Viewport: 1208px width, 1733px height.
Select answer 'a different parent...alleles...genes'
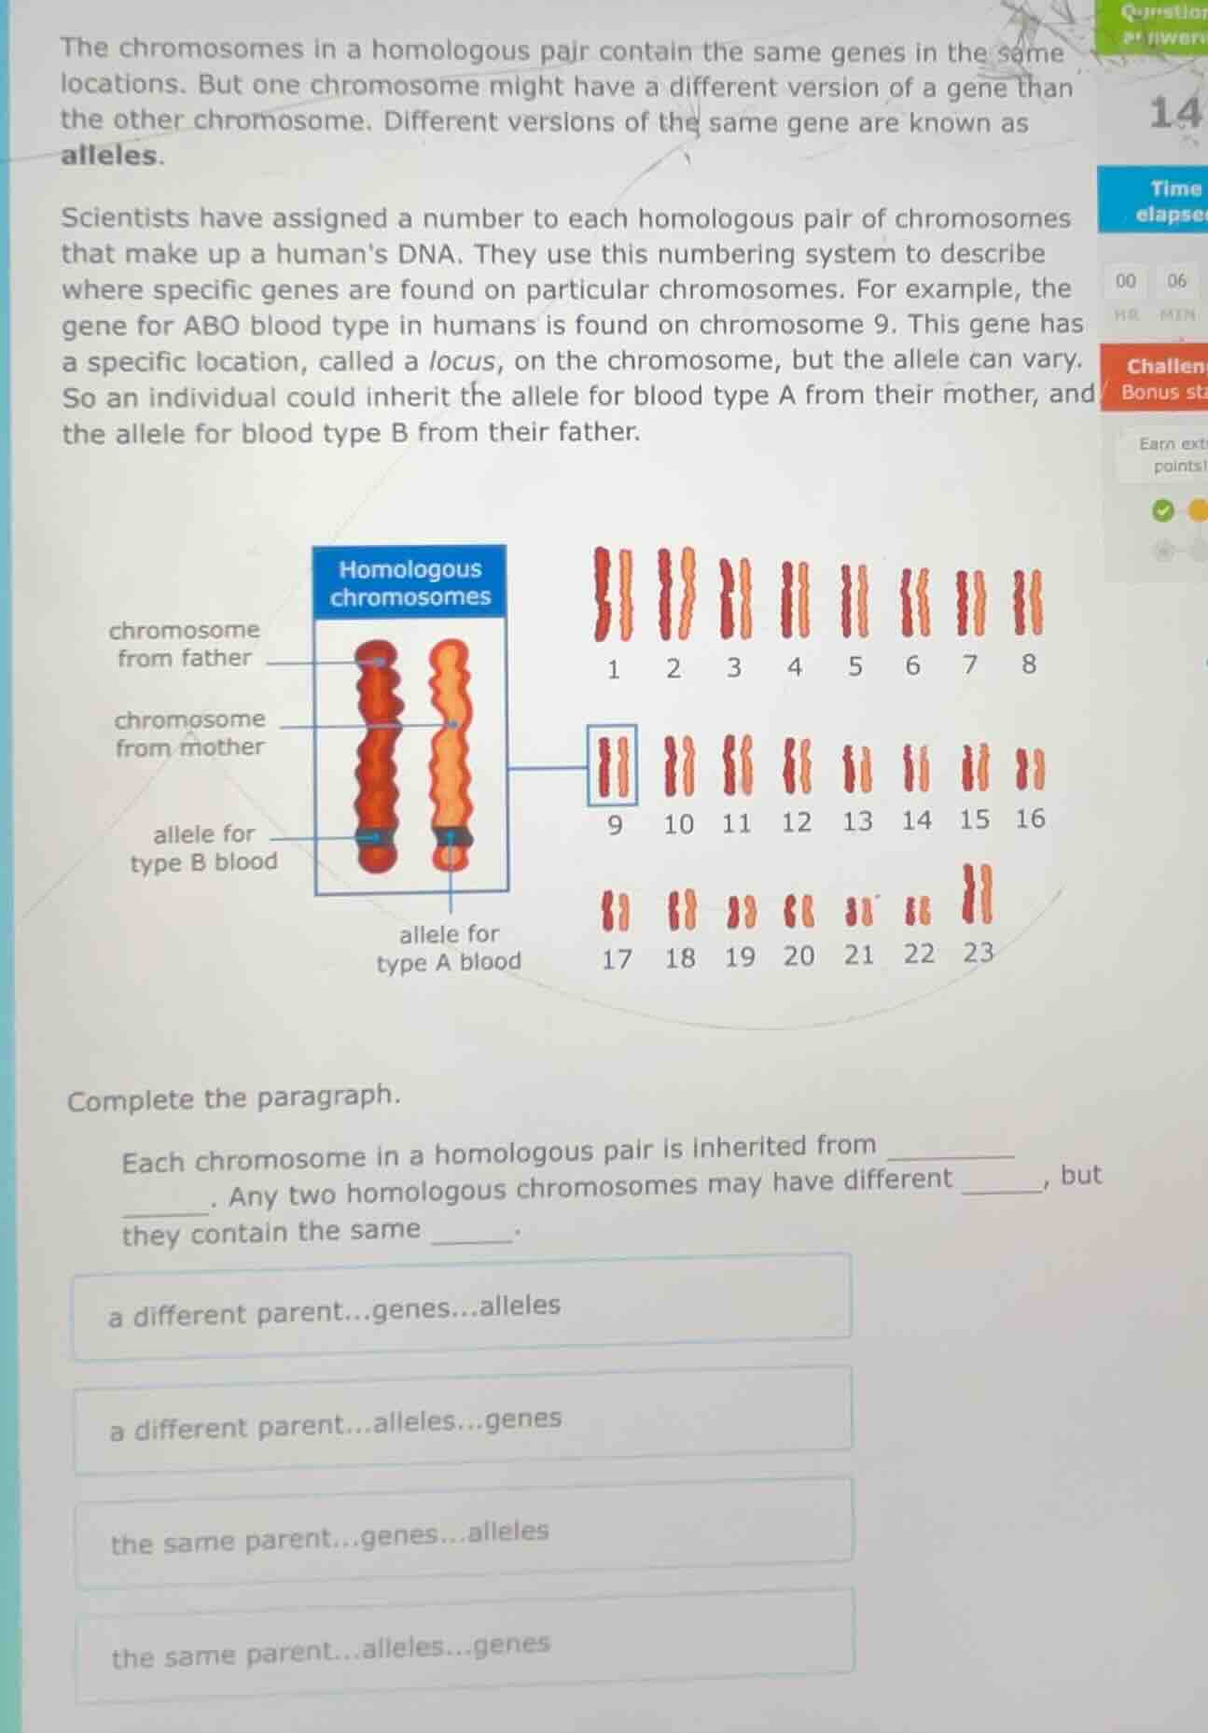pyautogui.click(x=462, y=1420)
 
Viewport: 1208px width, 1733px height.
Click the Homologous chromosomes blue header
pyautogui.click(x=410, y=583)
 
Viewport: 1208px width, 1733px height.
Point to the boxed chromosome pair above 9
pyautogui.click(x=613, y=765)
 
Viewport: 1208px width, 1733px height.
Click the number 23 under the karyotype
pyautogui.click(x=978, y=953)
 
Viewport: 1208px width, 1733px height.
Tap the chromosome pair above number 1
pyautogui.click(x=614, y=594)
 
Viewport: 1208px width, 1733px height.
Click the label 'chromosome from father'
pyautogui.click(x=184, y=644)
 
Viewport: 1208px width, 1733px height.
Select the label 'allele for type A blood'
pyautogui.click(x=449, y=947)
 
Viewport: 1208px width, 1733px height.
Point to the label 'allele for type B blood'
pyautogui.click(x=203, y=847)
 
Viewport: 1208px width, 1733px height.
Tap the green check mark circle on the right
pyautogui.click(x=1161, y=510)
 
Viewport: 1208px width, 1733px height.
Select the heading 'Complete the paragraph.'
pyautogui.click(x=233, y=1098)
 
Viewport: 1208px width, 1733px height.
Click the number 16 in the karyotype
pyautogui.click(x=1030, y=819)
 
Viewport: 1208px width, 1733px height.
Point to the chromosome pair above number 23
pyautogui.click(x=977, y=894)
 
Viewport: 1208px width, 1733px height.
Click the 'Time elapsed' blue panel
pyautogui.click(x=1155, y=201)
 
